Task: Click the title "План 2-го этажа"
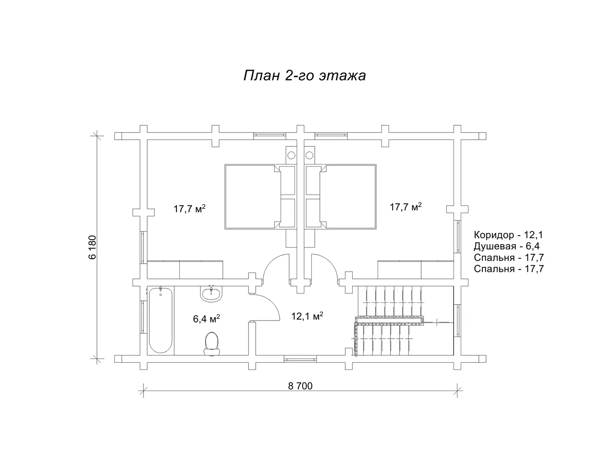coord(304,76)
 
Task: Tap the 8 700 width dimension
coord(300,386)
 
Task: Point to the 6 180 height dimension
coord(93,247)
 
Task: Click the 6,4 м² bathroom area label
coord(206,319)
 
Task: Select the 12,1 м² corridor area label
coord(307,316)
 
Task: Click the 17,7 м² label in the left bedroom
coord(189,209)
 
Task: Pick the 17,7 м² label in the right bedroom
coord(405,206)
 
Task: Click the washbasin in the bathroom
coord(211,294)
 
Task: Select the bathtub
coord(161,320)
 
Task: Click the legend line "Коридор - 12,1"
coord(508,235)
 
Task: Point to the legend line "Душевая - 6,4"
coord(507,246)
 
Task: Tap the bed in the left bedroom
coord(260,197)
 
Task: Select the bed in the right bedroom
coord(341,197)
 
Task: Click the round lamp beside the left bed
coord(291,155)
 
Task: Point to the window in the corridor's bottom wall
coord(300,359)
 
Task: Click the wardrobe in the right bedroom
coord(416,270)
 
